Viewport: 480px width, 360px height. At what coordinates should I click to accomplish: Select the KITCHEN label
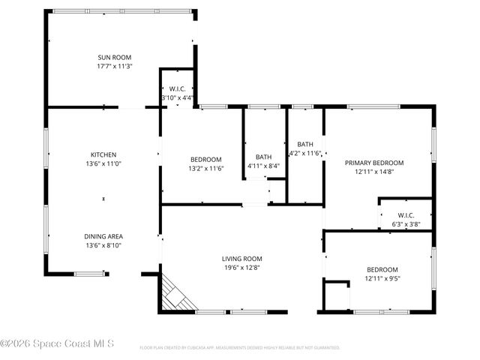pyautogui.click(x=103, y=154)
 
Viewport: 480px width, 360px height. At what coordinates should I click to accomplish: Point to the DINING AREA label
pyautogui.click(x=103, y=236)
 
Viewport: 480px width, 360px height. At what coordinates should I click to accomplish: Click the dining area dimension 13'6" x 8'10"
pyautogui.click(x=103, y=245)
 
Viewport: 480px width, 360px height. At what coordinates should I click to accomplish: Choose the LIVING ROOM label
pyautogui.click(x=241, y=259)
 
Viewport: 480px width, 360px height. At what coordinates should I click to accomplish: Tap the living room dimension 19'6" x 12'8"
pyautogui.click(x=241, y=268)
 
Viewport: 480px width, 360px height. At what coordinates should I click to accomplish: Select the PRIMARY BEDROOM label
pyautogui.click(x=373, y=163)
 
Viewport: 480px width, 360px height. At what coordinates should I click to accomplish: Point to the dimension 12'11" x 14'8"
pyautogui.click(x=373, y=172)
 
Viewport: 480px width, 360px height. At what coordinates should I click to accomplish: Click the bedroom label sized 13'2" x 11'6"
pyautogui.click(x=205, y=159)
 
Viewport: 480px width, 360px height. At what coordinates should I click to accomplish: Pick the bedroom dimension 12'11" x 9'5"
pyautogui.click(x=382, y=279)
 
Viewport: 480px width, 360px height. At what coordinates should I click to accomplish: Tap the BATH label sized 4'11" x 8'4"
pyautogui.click(x=263, y=157)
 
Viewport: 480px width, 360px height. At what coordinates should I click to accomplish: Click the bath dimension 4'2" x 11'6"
pyautogui.click(x=305, y=153)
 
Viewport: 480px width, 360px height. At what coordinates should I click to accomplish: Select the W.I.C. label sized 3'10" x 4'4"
pyautogui.click(x=177, y=88)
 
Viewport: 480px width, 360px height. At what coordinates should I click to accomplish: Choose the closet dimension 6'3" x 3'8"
pyautogui.click(x=406, y=223)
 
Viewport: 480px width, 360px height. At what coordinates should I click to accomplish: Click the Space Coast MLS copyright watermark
pyautogui.click(x=58, y=344)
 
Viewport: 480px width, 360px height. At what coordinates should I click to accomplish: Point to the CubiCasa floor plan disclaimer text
pyautogui.click(x=240, y=348)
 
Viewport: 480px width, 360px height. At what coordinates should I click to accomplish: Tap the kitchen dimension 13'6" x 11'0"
pyautogui.click(x=103, y=163)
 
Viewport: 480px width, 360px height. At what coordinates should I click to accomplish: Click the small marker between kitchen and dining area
pyautogui.click(x=103, y=199)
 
